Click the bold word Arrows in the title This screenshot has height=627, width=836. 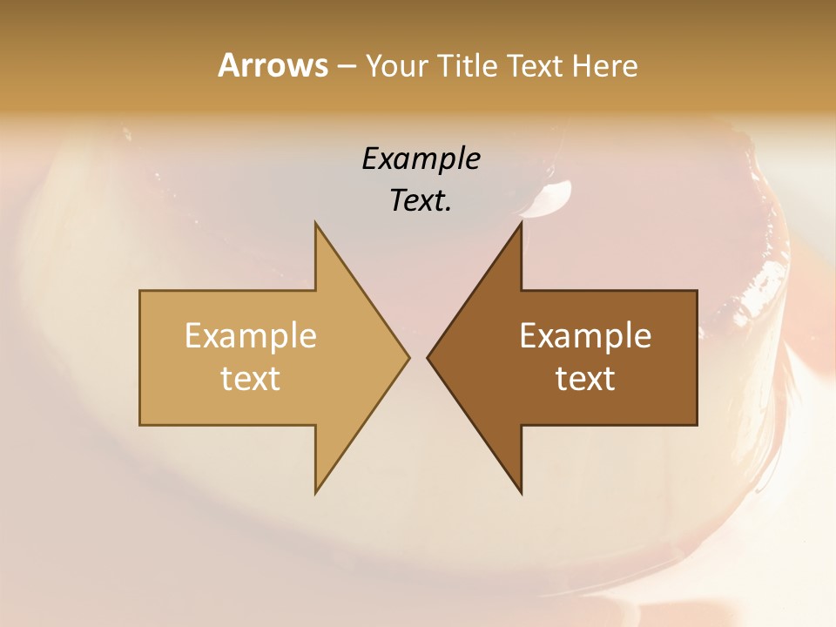273,65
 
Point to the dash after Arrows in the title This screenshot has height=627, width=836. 346,66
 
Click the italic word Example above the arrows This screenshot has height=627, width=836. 421,158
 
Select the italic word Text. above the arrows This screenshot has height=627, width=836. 421,200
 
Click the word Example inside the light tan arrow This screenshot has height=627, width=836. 251,335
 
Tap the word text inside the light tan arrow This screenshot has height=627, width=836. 251,378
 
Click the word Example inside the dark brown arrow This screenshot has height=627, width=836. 585,335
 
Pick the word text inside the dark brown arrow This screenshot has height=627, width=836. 585,378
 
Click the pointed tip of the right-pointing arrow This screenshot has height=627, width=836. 408,357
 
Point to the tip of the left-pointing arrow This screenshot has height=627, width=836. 428,357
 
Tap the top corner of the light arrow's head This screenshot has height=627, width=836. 316,224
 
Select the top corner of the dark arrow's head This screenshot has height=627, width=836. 521,224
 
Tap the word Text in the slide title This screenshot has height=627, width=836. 535,65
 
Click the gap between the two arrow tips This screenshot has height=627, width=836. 418,357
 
